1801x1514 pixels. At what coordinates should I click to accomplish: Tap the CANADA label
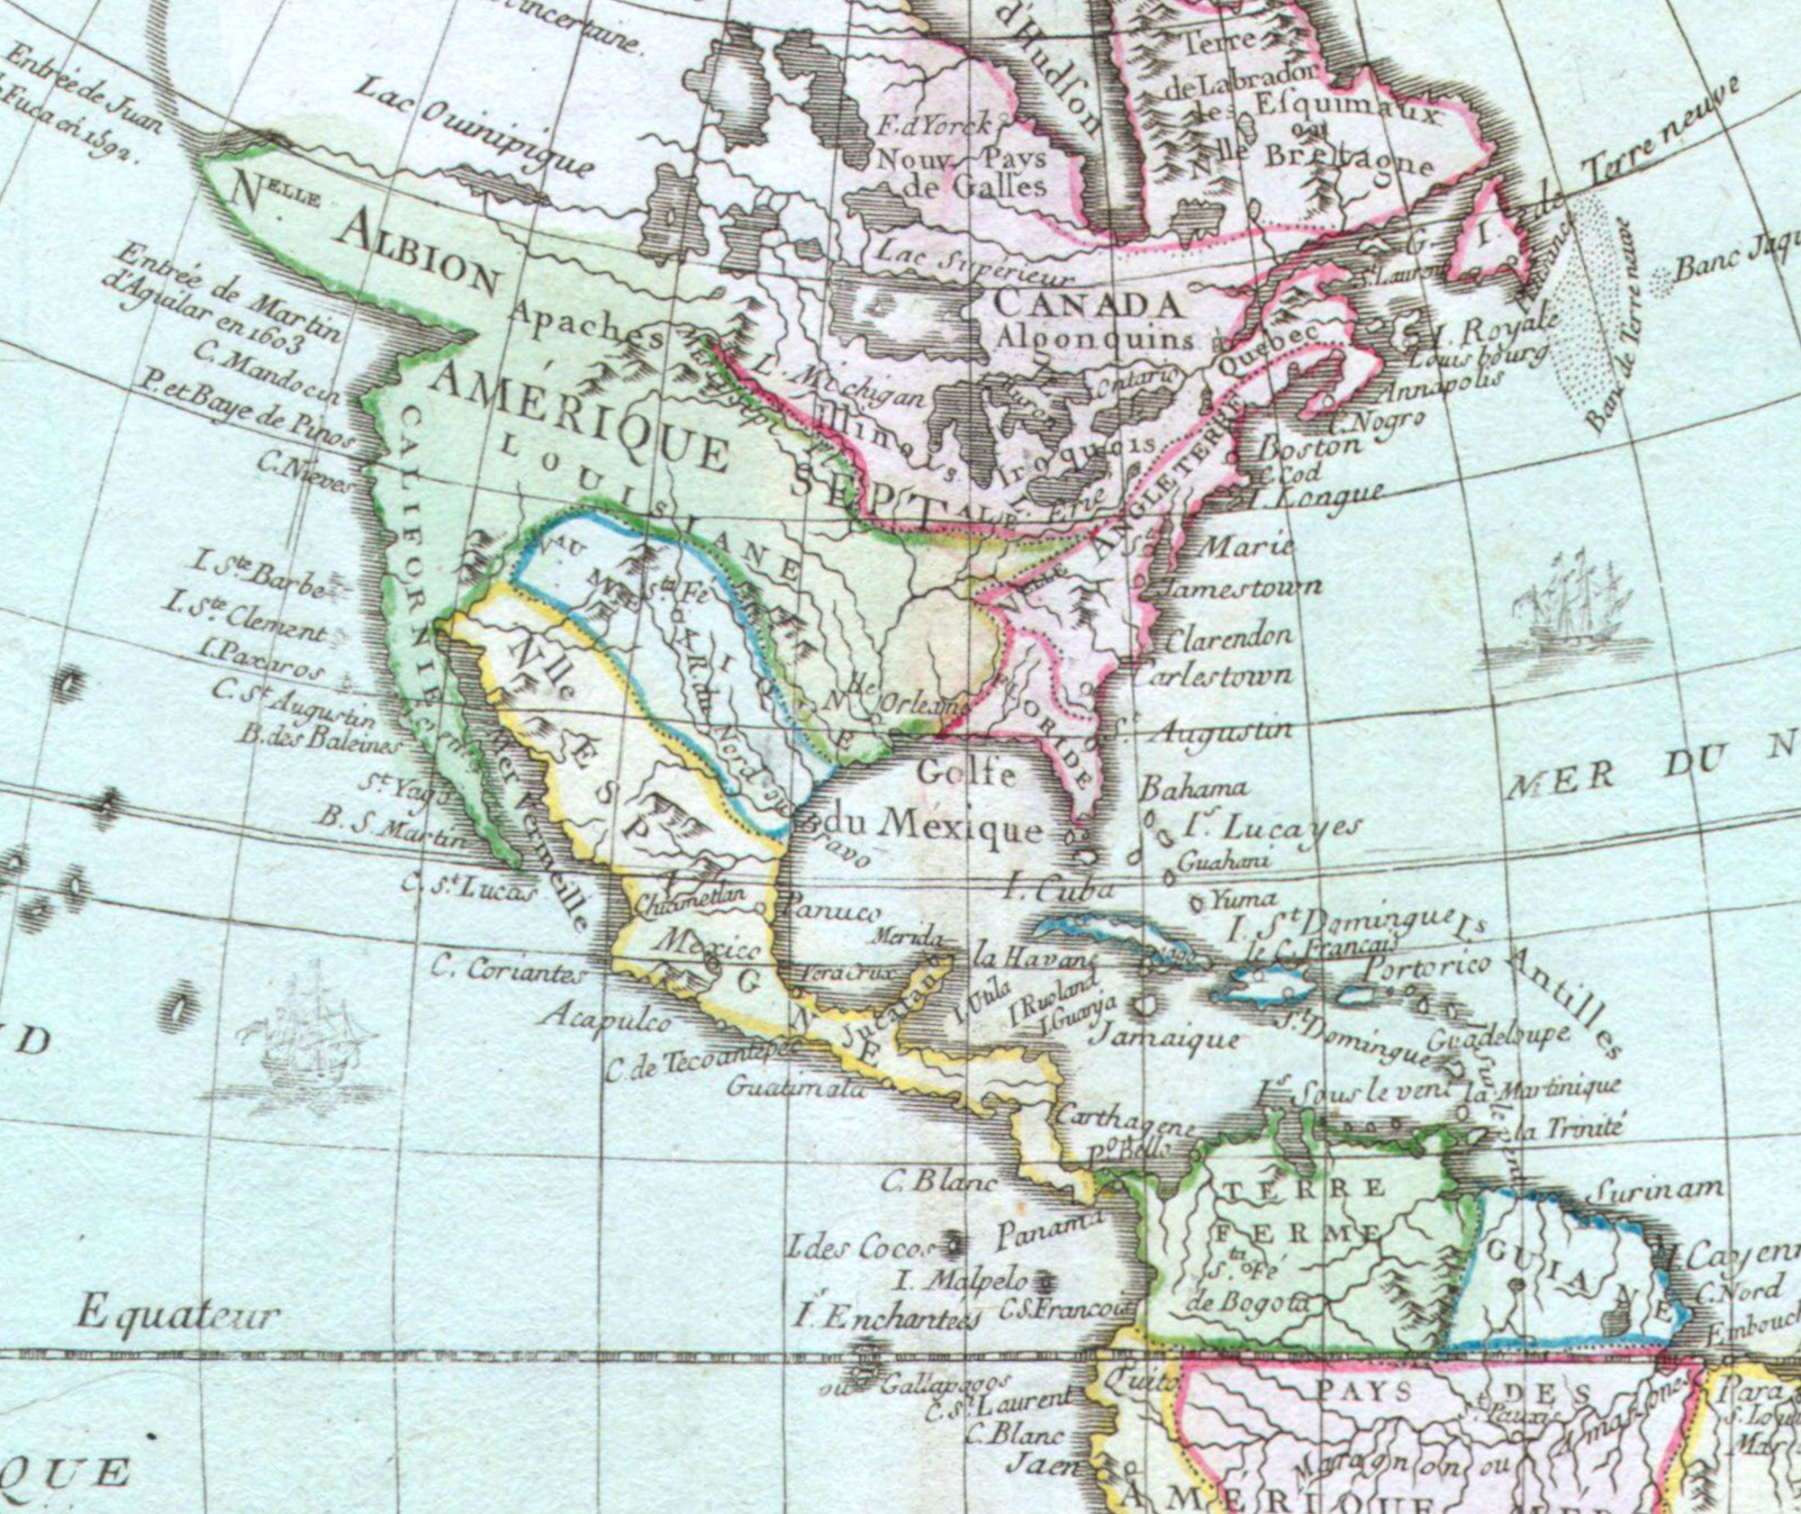point(1087,304)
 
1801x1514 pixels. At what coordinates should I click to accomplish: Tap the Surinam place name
point(1660,1190)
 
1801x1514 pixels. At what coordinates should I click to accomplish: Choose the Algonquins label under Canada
point(1096,339)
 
